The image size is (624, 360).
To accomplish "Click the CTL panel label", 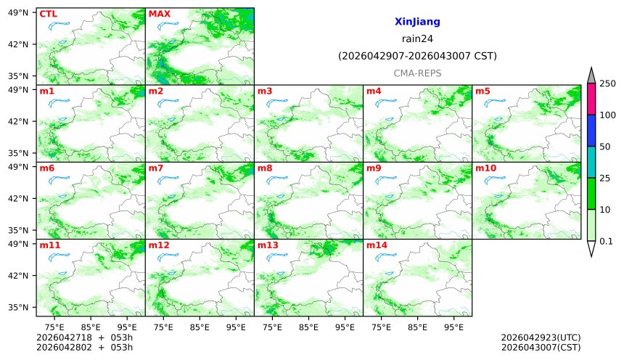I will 48,14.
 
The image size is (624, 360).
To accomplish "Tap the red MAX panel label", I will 159,14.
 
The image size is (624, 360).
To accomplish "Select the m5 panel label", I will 483,91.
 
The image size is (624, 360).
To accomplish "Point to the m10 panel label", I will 485,168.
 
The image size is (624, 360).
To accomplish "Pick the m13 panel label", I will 268,245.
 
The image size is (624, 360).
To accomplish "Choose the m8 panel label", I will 265,168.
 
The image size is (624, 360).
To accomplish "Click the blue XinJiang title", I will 417,22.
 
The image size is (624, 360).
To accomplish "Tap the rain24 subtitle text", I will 417,39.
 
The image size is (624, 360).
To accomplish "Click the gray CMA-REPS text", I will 417,73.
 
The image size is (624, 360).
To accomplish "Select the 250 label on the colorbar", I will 607,83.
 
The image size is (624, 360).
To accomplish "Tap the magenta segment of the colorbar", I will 591,99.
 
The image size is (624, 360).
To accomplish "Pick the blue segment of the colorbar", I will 591,131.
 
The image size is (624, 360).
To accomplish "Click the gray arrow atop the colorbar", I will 591,75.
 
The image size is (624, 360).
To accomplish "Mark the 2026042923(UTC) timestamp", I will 541,337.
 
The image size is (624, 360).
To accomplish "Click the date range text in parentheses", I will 417,56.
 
